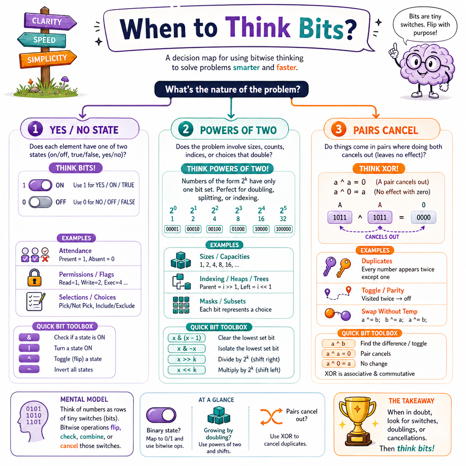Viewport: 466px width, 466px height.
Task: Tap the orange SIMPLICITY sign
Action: (47, 59)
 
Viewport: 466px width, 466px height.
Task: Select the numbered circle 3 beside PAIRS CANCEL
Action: (339, 130)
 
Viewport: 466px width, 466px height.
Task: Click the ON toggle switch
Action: (41, 185)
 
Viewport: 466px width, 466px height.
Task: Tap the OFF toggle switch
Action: (41, 202)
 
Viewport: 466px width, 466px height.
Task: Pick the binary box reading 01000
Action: (238, 229)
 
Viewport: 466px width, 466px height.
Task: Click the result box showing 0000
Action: (424, 217)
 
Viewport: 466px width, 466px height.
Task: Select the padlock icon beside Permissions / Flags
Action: (35, 278)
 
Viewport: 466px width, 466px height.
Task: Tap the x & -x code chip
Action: (187, 349)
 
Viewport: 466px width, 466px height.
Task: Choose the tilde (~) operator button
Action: (29, 369)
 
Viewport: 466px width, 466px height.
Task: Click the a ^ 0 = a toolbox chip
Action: (339, 364)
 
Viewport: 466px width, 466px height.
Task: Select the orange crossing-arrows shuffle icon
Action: (271, 417)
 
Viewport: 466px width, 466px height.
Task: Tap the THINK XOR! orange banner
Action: (379, 168)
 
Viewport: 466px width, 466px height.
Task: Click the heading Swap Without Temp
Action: (390, 311)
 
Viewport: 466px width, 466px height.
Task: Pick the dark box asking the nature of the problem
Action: (232, 89)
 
